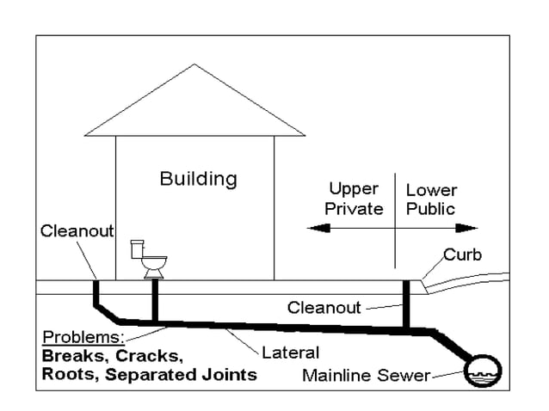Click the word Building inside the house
[198, 179]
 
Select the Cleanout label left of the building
[77, 231]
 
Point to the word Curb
[462, 255]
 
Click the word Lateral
[290, 352]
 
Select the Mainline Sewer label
[366, 375]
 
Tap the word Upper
[354, 189]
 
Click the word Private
[354, 209]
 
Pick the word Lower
[431, 189]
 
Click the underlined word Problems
[83, 336]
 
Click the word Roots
[70, 374]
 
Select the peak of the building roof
[194, 66]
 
